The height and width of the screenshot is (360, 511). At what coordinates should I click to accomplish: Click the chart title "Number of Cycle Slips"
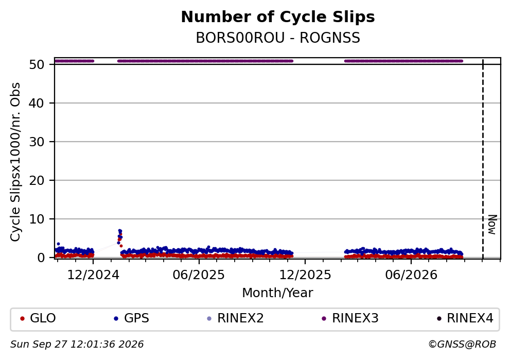coord(278,17)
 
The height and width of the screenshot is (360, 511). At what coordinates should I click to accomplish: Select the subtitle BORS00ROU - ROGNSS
coord(278,38)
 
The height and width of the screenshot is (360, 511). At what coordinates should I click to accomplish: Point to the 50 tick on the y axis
coord(37,64)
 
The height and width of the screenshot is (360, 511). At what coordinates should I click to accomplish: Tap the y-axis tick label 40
coord(37,104)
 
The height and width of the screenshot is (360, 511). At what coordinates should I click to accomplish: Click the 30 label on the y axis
coord(37,142)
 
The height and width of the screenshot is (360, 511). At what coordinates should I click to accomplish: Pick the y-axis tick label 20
coord(37,180)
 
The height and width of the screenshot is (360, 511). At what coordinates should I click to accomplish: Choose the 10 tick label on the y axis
coord(37,219)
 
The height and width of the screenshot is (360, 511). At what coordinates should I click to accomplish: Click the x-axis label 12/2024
coord(93,275)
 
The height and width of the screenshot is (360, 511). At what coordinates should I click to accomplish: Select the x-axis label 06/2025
coord(199,275)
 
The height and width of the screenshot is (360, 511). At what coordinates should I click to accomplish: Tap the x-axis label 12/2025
coord(305,275)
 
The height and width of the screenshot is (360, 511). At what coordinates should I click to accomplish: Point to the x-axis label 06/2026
coord(411,275)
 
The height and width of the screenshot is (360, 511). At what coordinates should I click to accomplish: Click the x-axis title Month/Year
coord(277,293)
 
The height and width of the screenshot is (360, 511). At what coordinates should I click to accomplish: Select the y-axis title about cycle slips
coord(15,162)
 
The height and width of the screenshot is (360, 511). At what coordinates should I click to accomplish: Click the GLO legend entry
coord(38,318)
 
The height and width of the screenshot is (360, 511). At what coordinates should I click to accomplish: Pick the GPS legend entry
coord(131,318)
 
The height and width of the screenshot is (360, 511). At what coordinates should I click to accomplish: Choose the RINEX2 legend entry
coord(235,318)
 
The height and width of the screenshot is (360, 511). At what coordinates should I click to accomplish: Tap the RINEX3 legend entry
coord(350,318)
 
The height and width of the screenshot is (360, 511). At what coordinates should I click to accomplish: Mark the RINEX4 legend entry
coord(465,318)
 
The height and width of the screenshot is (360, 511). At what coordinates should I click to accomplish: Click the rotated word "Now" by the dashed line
coord(492,225)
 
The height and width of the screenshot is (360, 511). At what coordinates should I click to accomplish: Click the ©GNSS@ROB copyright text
coord(462,345)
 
